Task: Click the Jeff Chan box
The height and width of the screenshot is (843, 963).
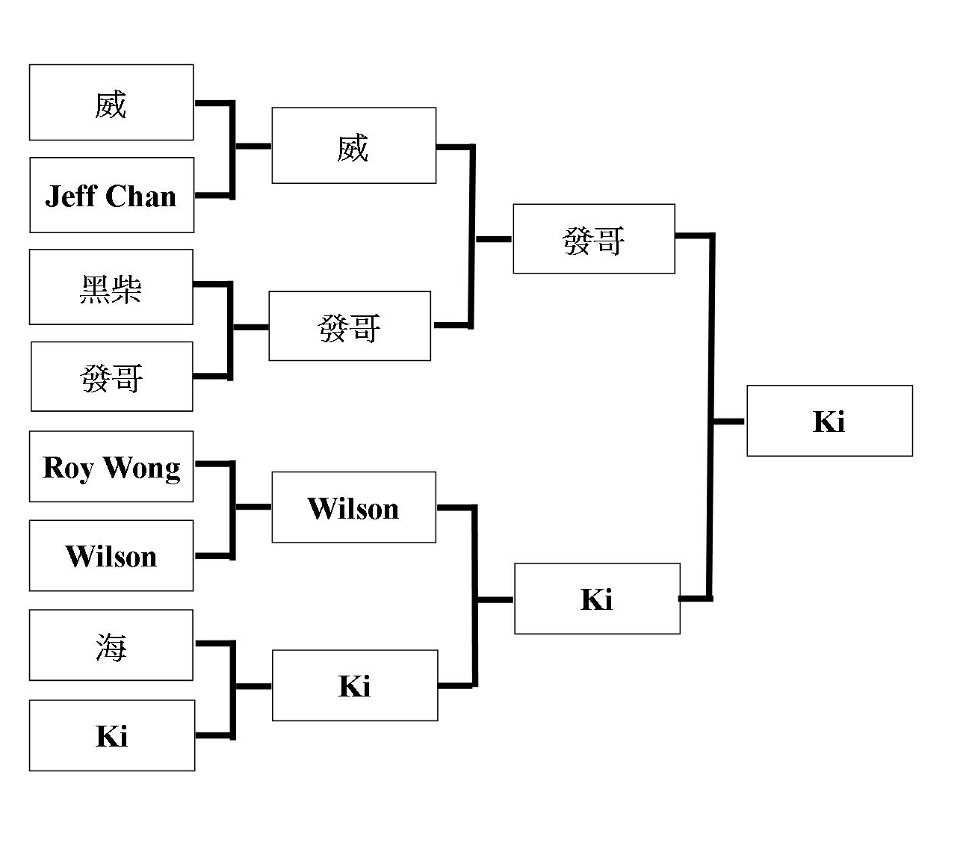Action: coord(111,195)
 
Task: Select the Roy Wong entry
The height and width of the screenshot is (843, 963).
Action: coord(111,466)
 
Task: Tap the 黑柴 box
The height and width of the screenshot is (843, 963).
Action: coord(111,287)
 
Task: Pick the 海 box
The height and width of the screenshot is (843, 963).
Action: coord(111,645)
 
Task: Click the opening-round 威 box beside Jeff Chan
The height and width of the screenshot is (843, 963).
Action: coord(111,102)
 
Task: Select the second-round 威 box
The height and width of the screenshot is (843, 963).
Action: coord(353,146)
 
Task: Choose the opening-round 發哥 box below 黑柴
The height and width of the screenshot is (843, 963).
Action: coord(112,377)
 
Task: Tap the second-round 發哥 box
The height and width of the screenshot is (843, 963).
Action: coord(350,326)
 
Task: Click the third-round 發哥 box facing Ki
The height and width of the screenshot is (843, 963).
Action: coord(594,239)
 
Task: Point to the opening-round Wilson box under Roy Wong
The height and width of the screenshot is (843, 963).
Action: coord(111,556)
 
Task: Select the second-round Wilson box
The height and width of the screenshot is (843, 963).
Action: coord(353,507)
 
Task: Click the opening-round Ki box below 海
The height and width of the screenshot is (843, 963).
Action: coord(112,735)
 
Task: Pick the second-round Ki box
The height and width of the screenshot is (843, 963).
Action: coord(355,685)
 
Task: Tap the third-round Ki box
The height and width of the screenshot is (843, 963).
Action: coord(597,599)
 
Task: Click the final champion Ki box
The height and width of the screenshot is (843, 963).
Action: coord(829,421)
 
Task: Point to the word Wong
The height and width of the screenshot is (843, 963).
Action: coord(141,468)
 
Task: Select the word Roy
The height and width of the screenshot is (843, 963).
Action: coord(67,468)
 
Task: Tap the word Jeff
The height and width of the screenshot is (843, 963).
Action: coord(70,196)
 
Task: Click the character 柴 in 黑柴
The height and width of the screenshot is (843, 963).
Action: coord(127,288)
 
